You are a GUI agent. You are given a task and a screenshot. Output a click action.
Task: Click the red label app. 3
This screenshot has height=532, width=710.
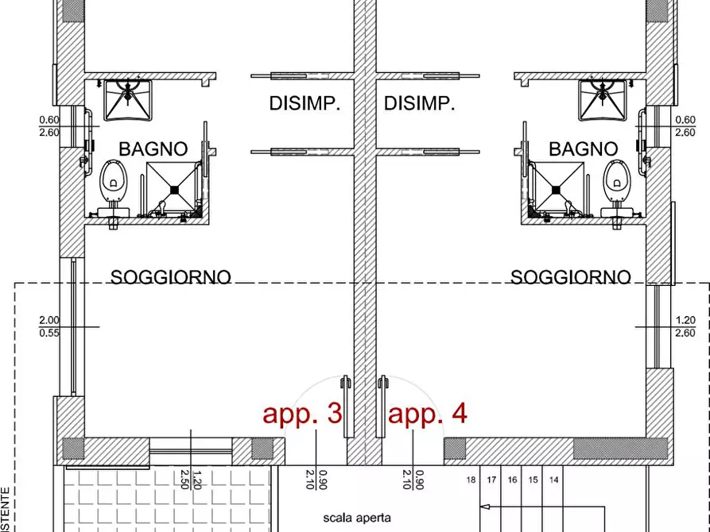302,414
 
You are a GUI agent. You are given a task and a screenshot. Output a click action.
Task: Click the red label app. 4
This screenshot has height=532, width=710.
427,414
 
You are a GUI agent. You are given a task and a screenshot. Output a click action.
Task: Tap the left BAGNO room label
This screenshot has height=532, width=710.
153,148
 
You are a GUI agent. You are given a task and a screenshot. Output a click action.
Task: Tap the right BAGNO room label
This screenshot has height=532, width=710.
583,148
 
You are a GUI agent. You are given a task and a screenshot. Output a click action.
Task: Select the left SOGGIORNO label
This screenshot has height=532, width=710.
171,277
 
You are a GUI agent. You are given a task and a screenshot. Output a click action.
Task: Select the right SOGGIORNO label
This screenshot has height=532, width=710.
570,277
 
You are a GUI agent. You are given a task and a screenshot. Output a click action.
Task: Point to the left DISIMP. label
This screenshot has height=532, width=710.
305,103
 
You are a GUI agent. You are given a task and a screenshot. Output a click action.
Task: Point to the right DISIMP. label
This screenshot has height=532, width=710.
419,103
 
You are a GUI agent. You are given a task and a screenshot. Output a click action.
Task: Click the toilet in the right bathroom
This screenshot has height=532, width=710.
614,180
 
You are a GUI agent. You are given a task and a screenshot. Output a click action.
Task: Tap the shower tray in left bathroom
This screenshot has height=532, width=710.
172,187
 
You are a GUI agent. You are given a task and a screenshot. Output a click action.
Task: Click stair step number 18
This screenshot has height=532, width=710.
471,480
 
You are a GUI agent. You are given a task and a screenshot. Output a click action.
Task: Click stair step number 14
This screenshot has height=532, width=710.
554,480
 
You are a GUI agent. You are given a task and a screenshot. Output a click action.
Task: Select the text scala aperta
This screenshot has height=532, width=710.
357,518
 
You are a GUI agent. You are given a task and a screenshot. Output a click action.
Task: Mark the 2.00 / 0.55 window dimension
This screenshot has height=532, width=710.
48,326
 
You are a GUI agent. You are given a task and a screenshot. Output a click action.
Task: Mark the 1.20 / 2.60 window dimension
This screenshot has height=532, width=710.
685,326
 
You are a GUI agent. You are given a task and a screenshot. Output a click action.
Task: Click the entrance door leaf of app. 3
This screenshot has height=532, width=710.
345,405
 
